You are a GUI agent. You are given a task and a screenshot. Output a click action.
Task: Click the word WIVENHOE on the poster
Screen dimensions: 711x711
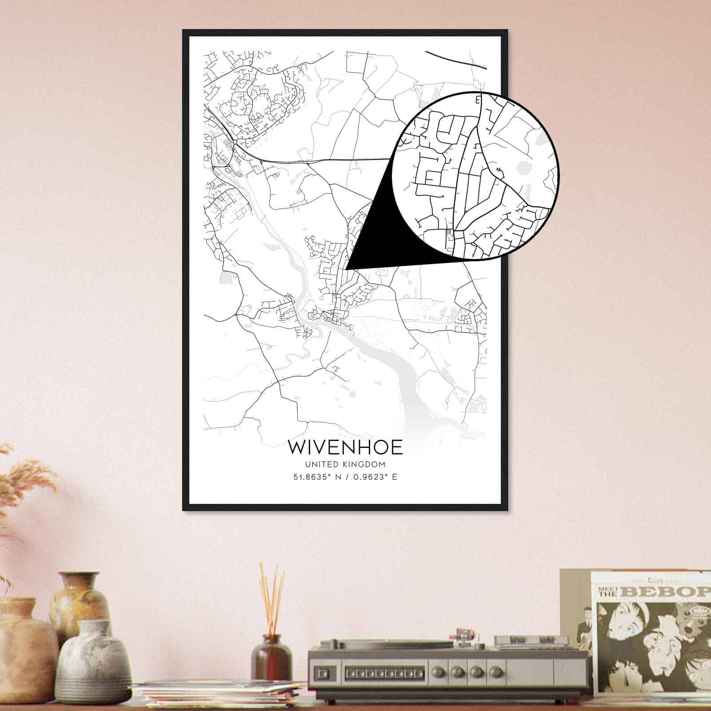pos(345,447)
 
